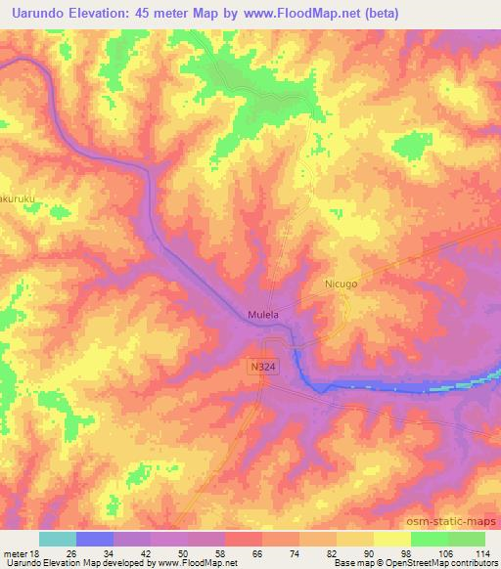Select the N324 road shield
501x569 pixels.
click(260, 363)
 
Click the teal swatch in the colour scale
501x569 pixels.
click(58, 538)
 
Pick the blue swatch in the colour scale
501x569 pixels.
click(95, 538)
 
